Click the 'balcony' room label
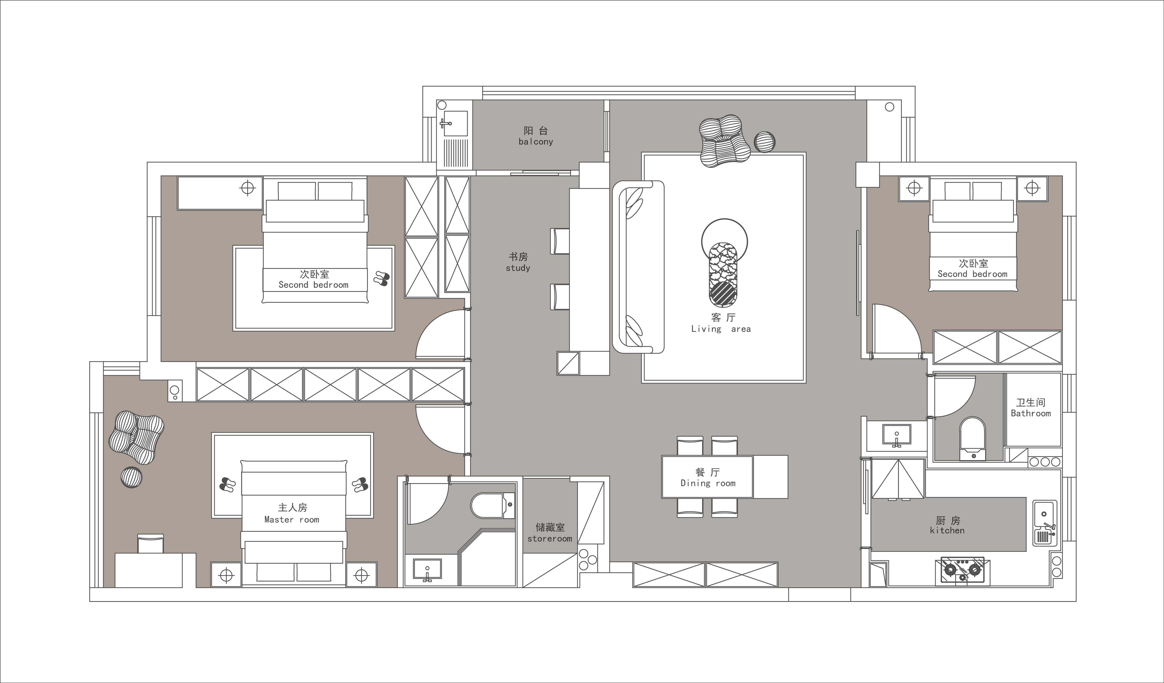point(536,142)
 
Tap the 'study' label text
point(518,268)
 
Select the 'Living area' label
point(721,329)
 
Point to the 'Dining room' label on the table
point(708,483)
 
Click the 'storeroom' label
point(550,539)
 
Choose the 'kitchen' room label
point(947,531)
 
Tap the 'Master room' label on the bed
point(291,519)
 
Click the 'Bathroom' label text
point(1030,413)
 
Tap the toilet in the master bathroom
point(493,506)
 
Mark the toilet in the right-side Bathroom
point(972,439)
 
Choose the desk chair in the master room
point(151,543)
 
